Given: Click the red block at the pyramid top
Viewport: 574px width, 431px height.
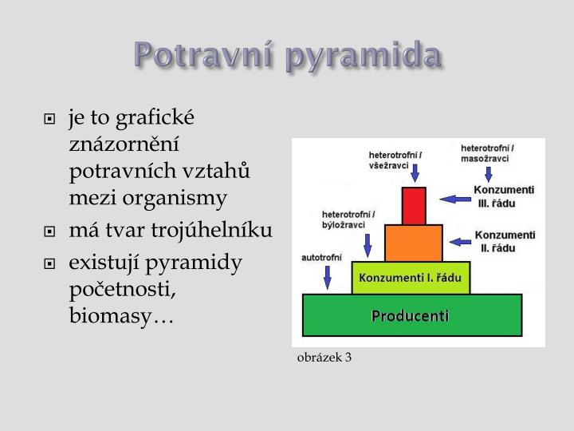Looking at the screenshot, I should [414, 205].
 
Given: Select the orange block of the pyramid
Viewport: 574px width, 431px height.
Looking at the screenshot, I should [413, 243].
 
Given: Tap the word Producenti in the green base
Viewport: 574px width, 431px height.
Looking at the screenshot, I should [411, 315].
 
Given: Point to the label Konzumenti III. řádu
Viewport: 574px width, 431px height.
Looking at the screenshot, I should [504, 196].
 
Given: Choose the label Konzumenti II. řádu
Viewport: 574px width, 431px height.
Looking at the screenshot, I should [504, 241].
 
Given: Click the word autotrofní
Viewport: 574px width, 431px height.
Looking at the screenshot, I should [321, 257].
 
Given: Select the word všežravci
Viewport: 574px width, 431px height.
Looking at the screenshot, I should [388, 164].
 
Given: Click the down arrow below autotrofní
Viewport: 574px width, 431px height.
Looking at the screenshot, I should [326, 277].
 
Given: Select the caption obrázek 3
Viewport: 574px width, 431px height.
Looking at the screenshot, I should [324, 357].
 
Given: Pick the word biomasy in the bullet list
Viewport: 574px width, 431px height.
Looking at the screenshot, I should [120, 317].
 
